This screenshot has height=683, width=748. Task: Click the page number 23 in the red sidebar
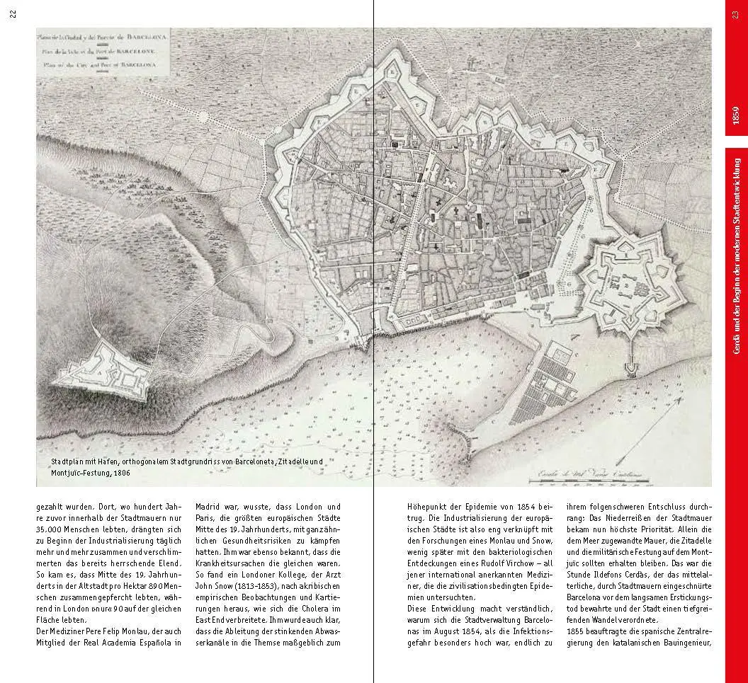pyautogui.click(x=737, y=16)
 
